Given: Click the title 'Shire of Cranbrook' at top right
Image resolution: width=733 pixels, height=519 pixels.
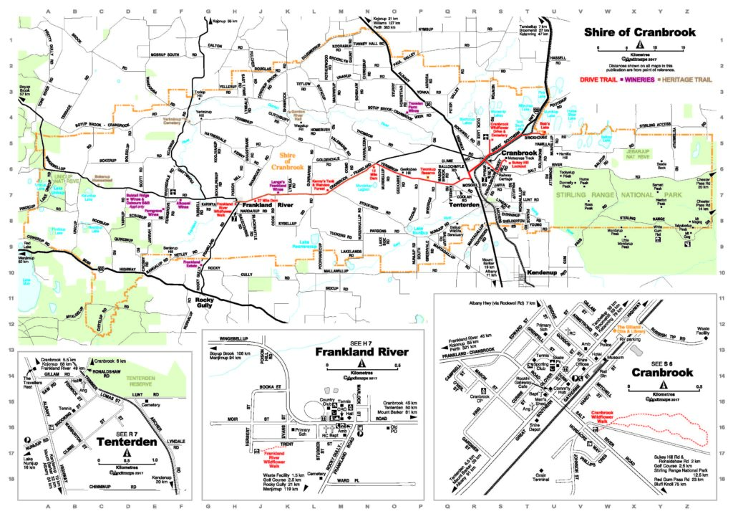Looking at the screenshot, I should pos(634,32).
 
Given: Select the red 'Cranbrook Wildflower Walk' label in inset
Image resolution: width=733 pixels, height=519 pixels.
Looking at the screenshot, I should pos(603,417).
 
